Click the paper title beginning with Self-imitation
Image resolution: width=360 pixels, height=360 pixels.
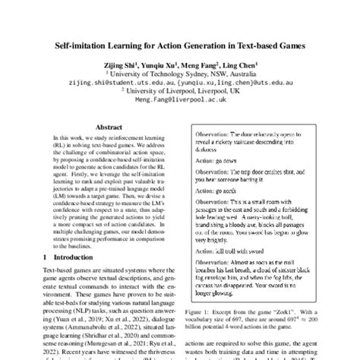pyautogui.click(x=180, y=46)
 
